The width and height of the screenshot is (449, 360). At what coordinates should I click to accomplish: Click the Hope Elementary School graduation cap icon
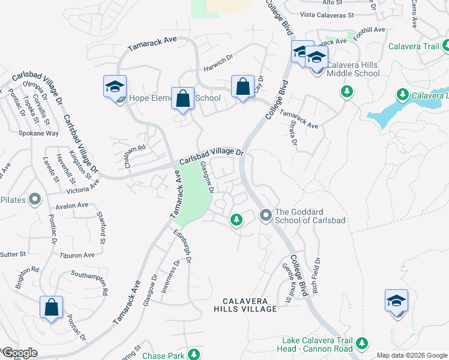tap(115, 87)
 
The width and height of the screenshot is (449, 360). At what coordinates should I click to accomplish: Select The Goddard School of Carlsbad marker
tap(265, 214)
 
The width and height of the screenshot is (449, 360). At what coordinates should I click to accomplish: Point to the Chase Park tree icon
tap(193, 355)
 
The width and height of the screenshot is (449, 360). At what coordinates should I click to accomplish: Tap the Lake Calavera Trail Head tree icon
tap(361, 343)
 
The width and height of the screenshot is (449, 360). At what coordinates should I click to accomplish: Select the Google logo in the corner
tap(19, 353)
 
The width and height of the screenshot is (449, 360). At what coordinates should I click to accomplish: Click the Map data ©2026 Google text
tap(412, 355)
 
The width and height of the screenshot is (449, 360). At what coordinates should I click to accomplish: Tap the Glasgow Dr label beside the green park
tap(207, 177)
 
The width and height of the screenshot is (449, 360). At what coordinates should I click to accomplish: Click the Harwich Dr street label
tap(217, 62)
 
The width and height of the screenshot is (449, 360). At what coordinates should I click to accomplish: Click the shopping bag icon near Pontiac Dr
tap(52, 307)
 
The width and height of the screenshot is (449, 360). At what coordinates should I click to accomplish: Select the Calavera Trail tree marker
tap(446, 45)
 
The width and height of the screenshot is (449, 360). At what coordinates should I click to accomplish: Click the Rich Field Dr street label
tap(316, 277)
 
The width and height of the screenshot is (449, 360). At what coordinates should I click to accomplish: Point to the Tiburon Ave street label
tap(77, 255)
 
